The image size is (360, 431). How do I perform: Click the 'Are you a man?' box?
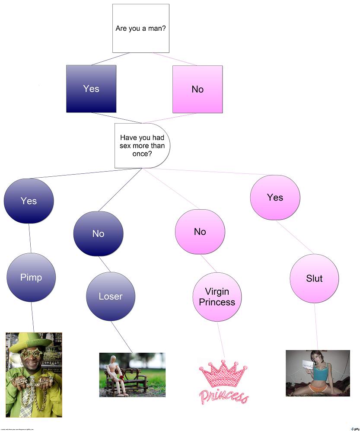tap(140, 29)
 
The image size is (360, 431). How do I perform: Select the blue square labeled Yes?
tap(91, 89)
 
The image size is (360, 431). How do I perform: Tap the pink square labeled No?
tap(198, 89)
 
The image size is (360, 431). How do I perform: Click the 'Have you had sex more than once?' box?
tap(142, 146)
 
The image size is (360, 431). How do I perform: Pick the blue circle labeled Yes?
tap(29, 201)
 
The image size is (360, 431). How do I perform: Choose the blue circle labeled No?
tap(98, 233)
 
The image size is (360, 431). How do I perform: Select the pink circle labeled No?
tap(200, 232)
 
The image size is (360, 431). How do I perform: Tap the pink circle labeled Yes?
tap(275, 197)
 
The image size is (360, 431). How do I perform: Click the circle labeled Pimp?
tap(31, 277)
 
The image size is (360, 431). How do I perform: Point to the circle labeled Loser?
tap(111, 296)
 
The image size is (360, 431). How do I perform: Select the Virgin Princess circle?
tap(217, 297)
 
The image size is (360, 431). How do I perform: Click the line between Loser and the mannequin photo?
tap(122, 337)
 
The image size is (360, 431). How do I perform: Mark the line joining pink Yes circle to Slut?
tap(295, 237)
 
